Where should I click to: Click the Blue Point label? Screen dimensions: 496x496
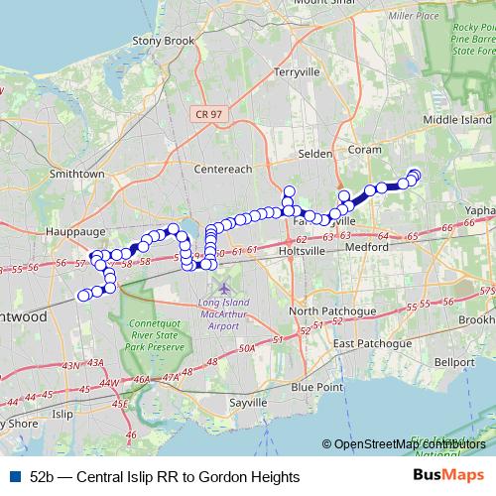tap(316, 385)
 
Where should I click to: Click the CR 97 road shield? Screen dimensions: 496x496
tap(201, 116)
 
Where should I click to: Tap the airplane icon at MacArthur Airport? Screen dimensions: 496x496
tap(222, 287)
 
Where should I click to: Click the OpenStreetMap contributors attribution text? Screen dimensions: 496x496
tap(409, 444)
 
